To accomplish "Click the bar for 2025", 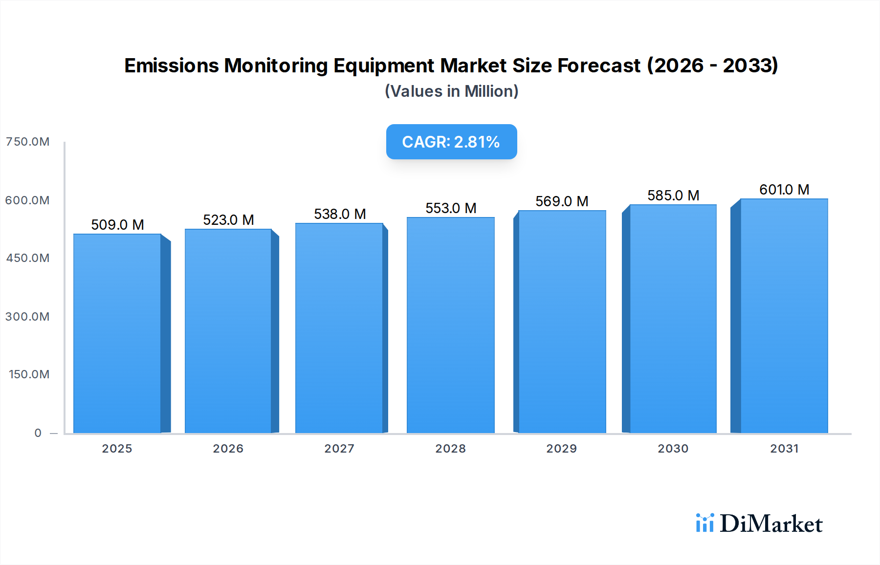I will pyautogui.click(x=117, y=333).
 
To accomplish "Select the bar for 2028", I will pyautogui.click(x=450, y=325).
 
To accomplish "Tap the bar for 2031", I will pyautogui.click(x=784, y=316).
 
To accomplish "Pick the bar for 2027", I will pyautogui.click(x=339, y=328).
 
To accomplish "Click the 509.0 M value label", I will pyautogui.click(x=117, y=225).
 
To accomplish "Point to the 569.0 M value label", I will pyautogui.click(x=562, y=201).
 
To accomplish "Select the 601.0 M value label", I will pyautogui.click(x=784, y=190).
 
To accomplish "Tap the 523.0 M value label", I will pyautogui.click(x=228, y=220).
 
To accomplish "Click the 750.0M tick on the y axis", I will pyautogui.click(x=27, y=142).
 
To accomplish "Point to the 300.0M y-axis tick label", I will pyautogui.click(x=27, y=317).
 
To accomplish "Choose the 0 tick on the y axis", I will pyautogui.click(x=38, y=433).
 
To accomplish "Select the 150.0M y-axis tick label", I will pyautogui.click(x=29, y=374).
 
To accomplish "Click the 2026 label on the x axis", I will pyautogui.click(x=228, y=449).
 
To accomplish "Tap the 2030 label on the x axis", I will pyautogui.click(x=673, y=449).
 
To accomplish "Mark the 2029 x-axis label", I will pyautogui.click(x=561, y=449).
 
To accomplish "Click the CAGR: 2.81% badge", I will pyautogui.click(x=451, y=142).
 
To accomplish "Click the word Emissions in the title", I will pyautogui.click(x=171, y=65).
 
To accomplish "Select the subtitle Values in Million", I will pyautogui.click(x=451, y=91).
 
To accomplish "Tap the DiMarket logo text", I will pyautogui.click(x=771, y=524).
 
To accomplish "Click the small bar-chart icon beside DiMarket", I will pyautogui.click(x=704, y=523).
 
